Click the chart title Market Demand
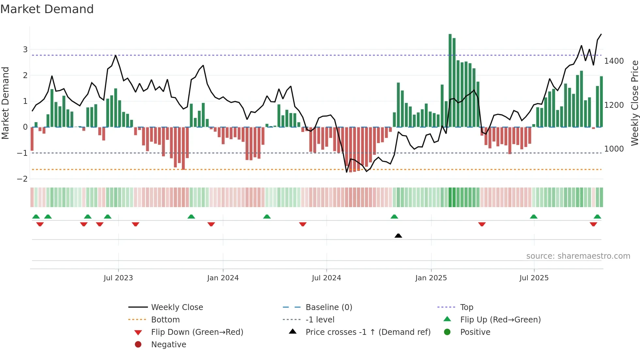pyautogui.click(x=47, y=9)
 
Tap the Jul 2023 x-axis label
pyautogui.click(x=118, y=278)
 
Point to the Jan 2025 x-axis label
pyautogui.click(x=431, y=278)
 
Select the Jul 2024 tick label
pyautogui.click(x=326, y=278)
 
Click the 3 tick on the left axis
pyautogui.click(x=25, y=50)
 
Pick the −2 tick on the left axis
pyautogui.click(x=23, y=179)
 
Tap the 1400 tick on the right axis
pyautogui.click(x=614, y=61)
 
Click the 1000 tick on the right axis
pyautogui.click(x=614, y=149)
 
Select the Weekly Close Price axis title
pyautogui.click(x=634, y=103)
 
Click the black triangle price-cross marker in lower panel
pyautogui.click(x=398, y=236)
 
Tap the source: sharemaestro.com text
pyautogui.click(x=578, y=256)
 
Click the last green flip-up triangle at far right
pyautogui.click(x=597, y=217)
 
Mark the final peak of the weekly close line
pyautogui.click(x=601, y=34)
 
